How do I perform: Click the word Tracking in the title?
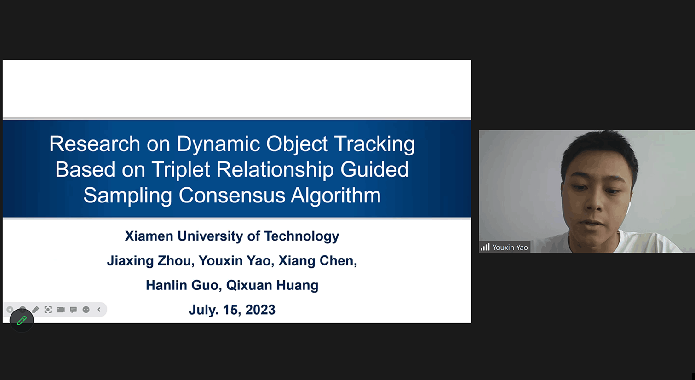374,144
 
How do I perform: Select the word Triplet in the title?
181,170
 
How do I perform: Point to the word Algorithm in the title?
336,196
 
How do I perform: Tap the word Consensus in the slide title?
232,196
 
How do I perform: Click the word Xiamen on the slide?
149,236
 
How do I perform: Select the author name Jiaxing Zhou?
151,261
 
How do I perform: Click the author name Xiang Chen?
317,260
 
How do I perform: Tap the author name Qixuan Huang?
272,285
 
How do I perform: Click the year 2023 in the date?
260,310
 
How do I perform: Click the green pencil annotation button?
22,321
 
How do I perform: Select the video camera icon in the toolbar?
61,310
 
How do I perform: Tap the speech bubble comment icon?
73,310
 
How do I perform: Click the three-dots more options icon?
86,310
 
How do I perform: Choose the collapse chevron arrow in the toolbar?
99,310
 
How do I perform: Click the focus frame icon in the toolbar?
48,310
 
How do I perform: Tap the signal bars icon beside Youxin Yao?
485,247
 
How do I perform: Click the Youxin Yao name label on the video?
510,248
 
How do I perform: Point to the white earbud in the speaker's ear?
628,208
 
